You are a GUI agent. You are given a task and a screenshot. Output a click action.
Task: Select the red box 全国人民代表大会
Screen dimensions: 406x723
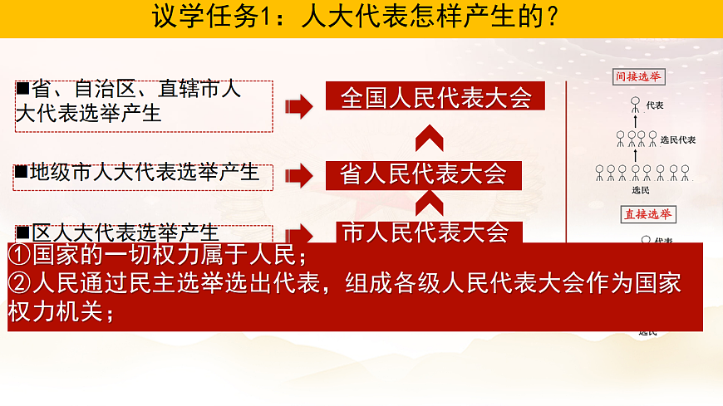pos(435,97)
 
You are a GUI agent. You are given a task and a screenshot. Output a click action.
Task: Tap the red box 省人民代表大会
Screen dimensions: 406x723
pos(423,174)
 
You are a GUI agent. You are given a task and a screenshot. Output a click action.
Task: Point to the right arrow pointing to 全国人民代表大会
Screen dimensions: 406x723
pos(298,105)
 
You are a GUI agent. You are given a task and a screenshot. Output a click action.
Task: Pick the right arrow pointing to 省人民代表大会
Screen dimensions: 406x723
pos(298,175)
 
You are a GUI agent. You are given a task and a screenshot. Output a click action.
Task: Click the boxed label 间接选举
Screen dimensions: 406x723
pos(638,77)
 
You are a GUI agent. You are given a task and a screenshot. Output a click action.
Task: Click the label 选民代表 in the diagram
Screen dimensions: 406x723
pos(677,139)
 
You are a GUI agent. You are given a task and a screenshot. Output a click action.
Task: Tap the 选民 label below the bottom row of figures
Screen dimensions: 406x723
pos(640,189)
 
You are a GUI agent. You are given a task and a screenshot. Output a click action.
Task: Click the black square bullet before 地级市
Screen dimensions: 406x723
pos(22,172)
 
